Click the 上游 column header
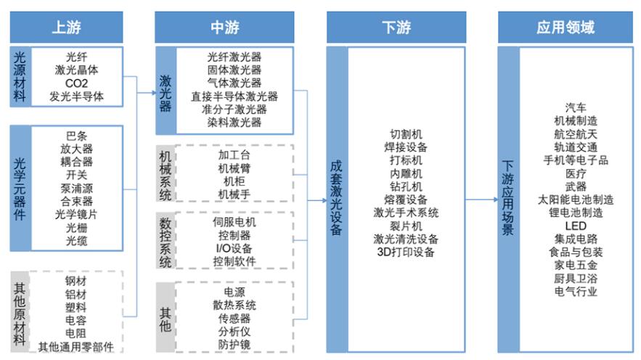(66, 28)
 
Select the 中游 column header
(224, 28)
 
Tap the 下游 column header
(396, 28)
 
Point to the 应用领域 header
(566, 28)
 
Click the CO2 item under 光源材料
(76, 83)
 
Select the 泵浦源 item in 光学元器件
(76, 189)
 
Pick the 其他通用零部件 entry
(76, 347)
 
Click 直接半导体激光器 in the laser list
(234, 97)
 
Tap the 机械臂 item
(234, 168)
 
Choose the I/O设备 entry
(234, 248)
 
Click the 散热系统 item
(234, 306)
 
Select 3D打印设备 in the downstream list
(406, 252)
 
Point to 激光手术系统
(406, 213)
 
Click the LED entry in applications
(576, 226)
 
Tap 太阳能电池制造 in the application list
(576, 200)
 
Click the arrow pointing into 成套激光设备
(317, 200)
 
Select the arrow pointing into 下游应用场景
(481, 200)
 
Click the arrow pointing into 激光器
(147, 93)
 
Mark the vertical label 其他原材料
(20, 314)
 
